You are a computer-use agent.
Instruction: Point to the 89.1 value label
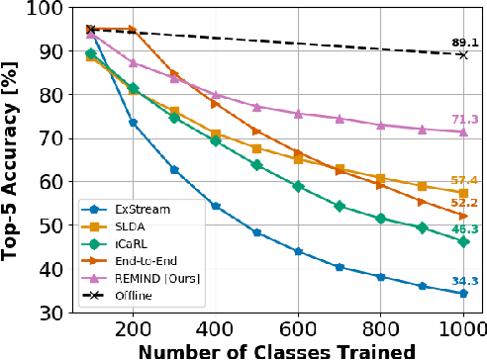tap(463, 43)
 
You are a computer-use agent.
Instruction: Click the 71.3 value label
tap(463, 120)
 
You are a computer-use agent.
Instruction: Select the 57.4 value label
tap(463, 180)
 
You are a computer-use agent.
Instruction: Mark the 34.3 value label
tap(463, 281)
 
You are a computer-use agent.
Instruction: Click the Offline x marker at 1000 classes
tap(463, 54)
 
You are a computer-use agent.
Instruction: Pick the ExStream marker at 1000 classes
tap(463, 293)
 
